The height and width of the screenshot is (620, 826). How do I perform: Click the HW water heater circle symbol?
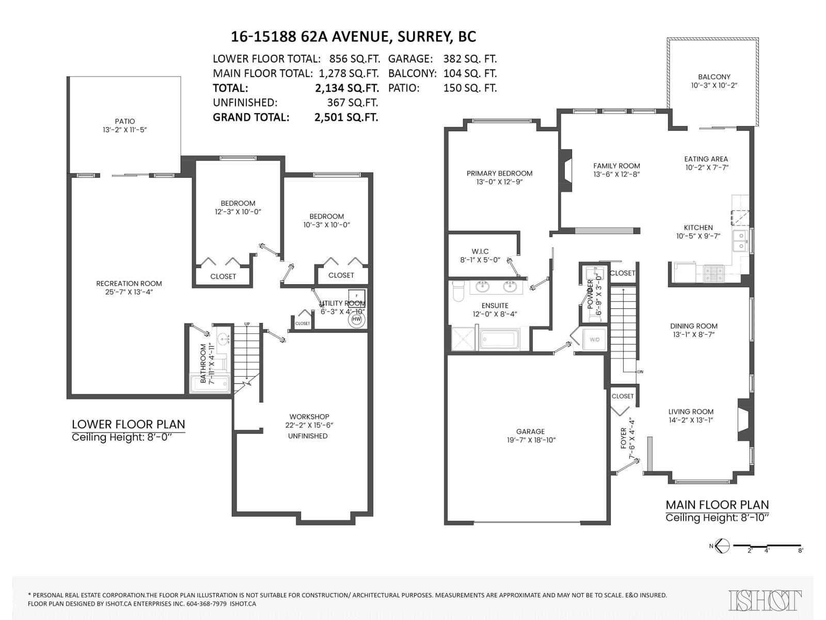tap(356, 319)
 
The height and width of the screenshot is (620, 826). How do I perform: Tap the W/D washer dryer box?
tap(594, 339)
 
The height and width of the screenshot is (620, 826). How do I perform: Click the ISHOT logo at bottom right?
tap(765, 600)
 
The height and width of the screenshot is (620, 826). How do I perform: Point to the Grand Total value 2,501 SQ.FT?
tap(346, 117)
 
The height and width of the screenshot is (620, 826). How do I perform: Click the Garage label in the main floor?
tap(530, 431)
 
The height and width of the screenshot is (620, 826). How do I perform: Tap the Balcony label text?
tap(714, 76)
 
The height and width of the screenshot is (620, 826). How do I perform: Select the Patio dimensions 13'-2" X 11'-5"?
tap(125, 130)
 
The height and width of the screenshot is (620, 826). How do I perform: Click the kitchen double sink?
tap(740, 240)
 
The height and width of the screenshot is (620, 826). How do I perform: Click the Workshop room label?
tap(309, 416)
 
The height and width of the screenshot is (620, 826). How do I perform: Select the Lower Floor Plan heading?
tap(128, 424)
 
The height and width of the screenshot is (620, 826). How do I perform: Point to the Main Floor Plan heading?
tap(717, 505)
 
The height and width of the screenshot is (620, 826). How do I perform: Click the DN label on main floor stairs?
tap(640, 372)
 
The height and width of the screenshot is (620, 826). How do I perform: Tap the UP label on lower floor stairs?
tap(247, 324)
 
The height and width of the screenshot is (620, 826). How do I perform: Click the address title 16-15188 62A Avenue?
tap(353, 37)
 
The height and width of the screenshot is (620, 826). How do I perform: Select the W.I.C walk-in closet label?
tap(480, 251)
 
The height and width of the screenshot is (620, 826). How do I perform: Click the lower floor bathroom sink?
tap(223, 339)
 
